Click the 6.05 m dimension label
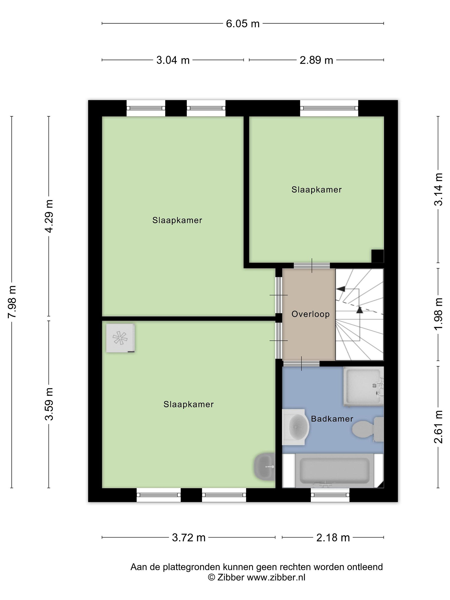[x=243, y=24]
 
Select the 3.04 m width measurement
[x=173, y=60]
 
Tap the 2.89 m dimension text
[x=316, y=60]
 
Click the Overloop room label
[x=311, y=314]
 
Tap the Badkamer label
[x=332, y=419]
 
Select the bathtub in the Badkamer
[x=333, y=470]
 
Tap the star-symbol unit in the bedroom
[x=120, y=338]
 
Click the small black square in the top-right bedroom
[x=377, y=256]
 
